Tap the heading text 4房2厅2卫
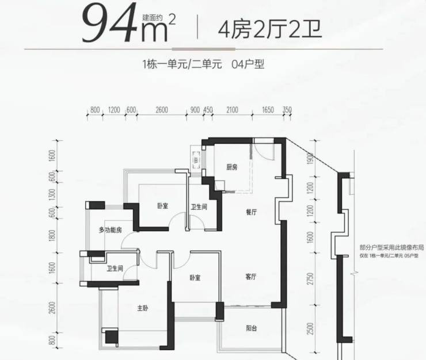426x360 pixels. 270,29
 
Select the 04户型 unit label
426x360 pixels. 248,64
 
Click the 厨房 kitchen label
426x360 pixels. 232,167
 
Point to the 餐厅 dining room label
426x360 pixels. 252,212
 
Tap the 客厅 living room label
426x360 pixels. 251,277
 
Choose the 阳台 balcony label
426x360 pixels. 252,328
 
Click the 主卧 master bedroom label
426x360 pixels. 143,308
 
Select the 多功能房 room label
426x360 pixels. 111,230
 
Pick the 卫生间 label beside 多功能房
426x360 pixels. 115,269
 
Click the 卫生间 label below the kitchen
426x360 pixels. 199,207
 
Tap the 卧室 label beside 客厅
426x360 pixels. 195,278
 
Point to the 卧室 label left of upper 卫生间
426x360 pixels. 162,206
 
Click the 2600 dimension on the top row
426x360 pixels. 162,110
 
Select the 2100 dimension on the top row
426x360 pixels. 232,110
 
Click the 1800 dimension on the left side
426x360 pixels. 52,235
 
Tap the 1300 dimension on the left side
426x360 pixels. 52,194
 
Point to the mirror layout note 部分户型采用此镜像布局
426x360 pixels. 391,248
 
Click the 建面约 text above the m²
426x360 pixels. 152,18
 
